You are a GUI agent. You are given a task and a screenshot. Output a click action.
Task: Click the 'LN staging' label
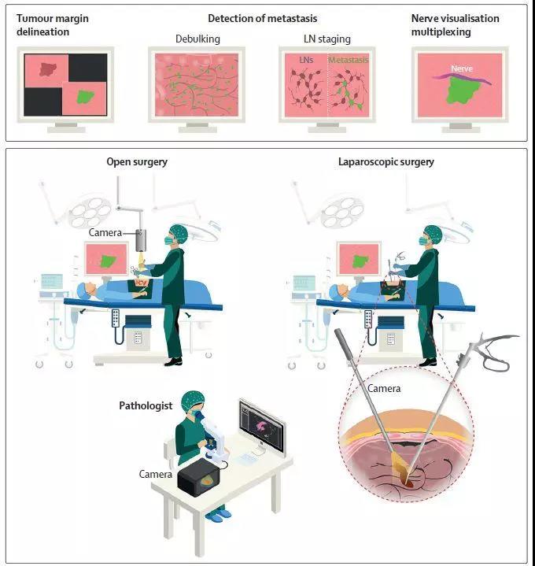tap(327, 39)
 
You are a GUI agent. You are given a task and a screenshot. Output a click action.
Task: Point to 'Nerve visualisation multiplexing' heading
tap(455, 25)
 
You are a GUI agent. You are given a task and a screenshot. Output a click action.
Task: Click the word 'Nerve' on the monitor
tap(460, 68)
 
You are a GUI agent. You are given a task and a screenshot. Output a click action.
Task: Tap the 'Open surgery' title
tap(137, 162)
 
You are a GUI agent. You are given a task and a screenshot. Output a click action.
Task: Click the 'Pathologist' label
tap(146, 406)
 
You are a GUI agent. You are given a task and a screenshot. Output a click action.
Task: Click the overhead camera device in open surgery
tap(142, 240)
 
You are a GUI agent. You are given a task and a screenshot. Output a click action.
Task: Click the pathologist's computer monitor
tap(261, 425)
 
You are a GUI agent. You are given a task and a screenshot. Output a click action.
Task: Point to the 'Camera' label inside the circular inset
tap(384, 389)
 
